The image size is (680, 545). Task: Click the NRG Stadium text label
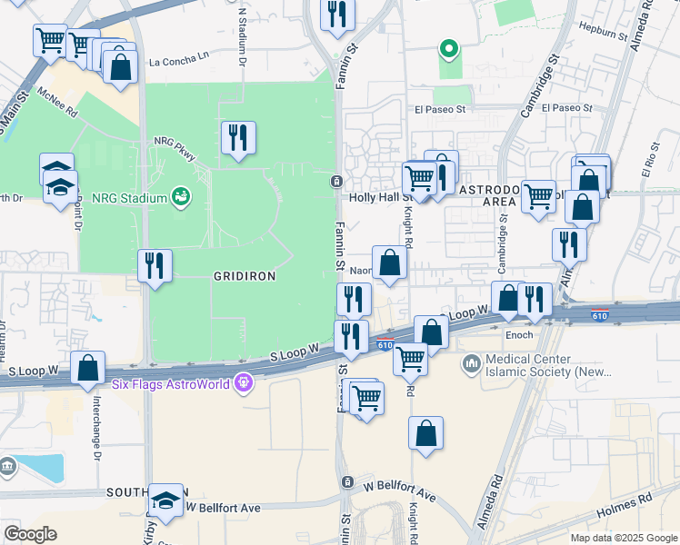tap(129, 198)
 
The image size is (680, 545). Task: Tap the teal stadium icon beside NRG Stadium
tap(180, 196)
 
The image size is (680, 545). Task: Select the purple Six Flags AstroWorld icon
tap(242, 382)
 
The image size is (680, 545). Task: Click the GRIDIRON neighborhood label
tap(244, 274)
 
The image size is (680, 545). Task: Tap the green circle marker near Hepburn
tap(446, 48)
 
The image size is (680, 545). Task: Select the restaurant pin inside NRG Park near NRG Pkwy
tap(238, 138)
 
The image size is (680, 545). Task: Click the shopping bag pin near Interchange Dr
tap(88, 369)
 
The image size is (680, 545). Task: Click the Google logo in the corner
tap(30, 533)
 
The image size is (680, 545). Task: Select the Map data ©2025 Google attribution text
tap(623, 538)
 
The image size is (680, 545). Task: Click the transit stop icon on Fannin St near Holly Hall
tap(336, 181)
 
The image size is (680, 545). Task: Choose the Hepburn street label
tap(604, 30)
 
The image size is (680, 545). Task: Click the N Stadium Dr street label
tap(243, 36)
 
